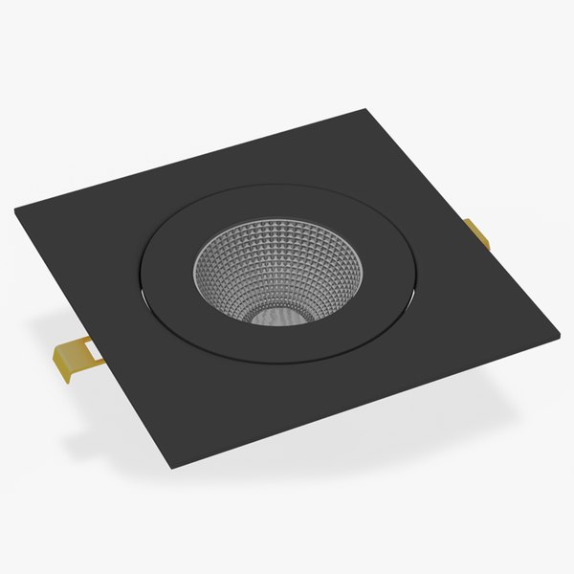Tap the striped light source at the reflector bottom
277,314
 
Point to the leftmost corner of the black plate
16,211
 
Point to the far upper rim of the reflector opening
277,221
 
